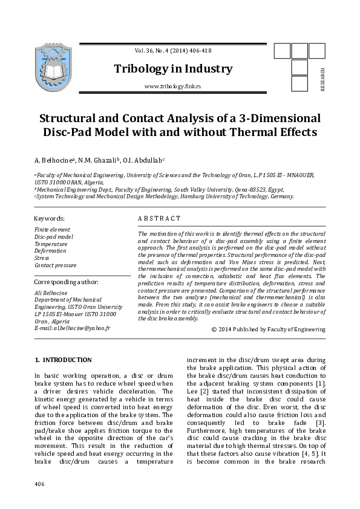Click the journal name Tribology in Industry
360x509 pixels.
(x=173, y=69)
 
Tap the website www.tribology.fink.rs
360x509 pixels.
(x=172, y=87)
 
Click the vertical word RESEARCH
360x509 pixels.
(x=322, y=79)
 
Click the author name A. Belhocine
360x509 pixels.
(x=54, y=160)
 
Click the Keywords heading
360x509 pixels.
(x=49, y=218)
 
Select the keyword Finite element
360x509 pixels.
(x=52, y=230)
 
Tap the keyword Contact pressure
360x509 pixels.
(x=55, y=265)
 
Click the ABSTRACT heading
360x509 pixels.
(x=159, y=218)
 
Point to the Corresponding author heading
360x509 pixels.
(x=66, y=282)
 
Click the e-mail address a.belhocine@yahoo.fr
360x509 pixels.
(x=72, y=328)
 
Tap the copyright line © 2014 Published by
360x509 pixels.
(x=268, y=329)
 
